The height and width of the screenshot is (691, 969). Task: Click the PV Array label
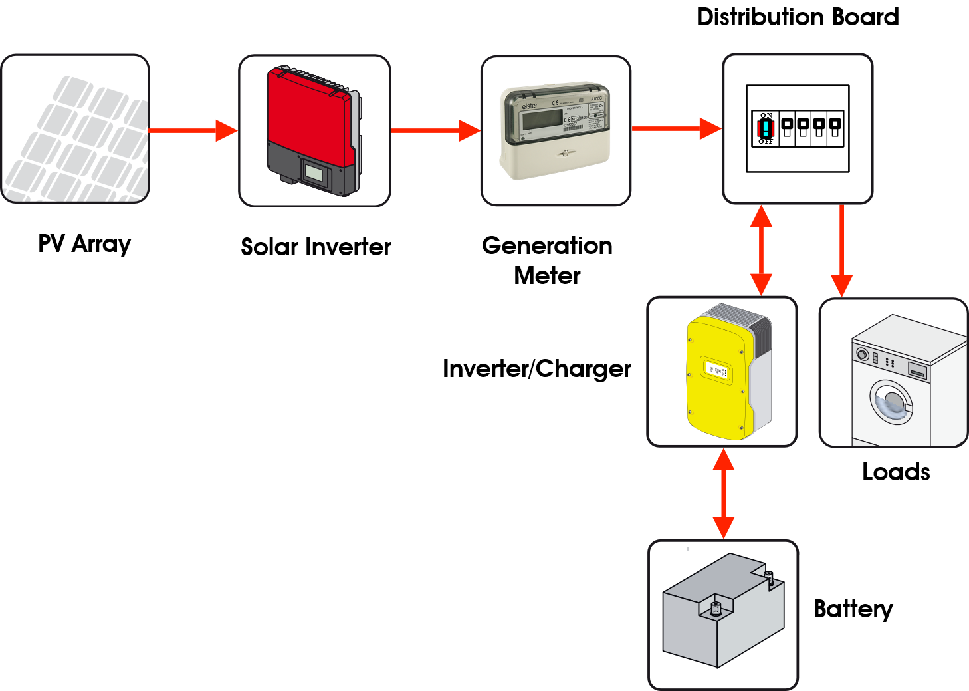[84, 243]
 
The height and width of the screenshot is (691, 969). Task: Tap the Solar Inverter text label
[316, 247]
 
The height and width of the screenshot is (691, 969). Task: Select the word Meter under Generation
[547, 275]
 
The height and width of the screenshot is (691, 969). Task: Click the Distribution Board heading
[797, 17]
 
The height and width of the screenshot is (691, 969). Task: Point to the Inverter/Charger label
[536, 368]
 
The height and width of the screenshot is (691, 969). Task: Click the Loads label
[895, 472]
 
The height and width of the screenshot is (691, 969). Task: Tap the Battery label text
[853, 609]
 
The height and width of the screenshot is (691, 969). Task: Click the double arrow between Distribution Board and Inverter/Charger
[761, 250]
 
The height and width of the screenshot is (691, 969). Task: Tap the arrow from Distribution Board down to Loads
[841, 250]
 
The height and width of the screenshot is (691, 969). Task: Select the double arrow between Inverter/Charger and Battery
[723, 493]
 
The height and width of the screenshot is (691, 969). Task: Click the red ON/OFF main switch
[766, 128]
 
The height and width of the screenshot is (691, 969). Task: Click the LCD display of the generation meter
[542, 120]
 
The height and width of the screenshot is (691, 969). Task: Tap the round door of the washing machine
[891, 402]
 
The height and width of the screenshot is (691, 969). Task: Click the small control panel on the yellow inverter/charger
[716, 371]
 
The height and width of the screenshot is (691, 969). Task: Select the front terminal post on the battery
[716, 608]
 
